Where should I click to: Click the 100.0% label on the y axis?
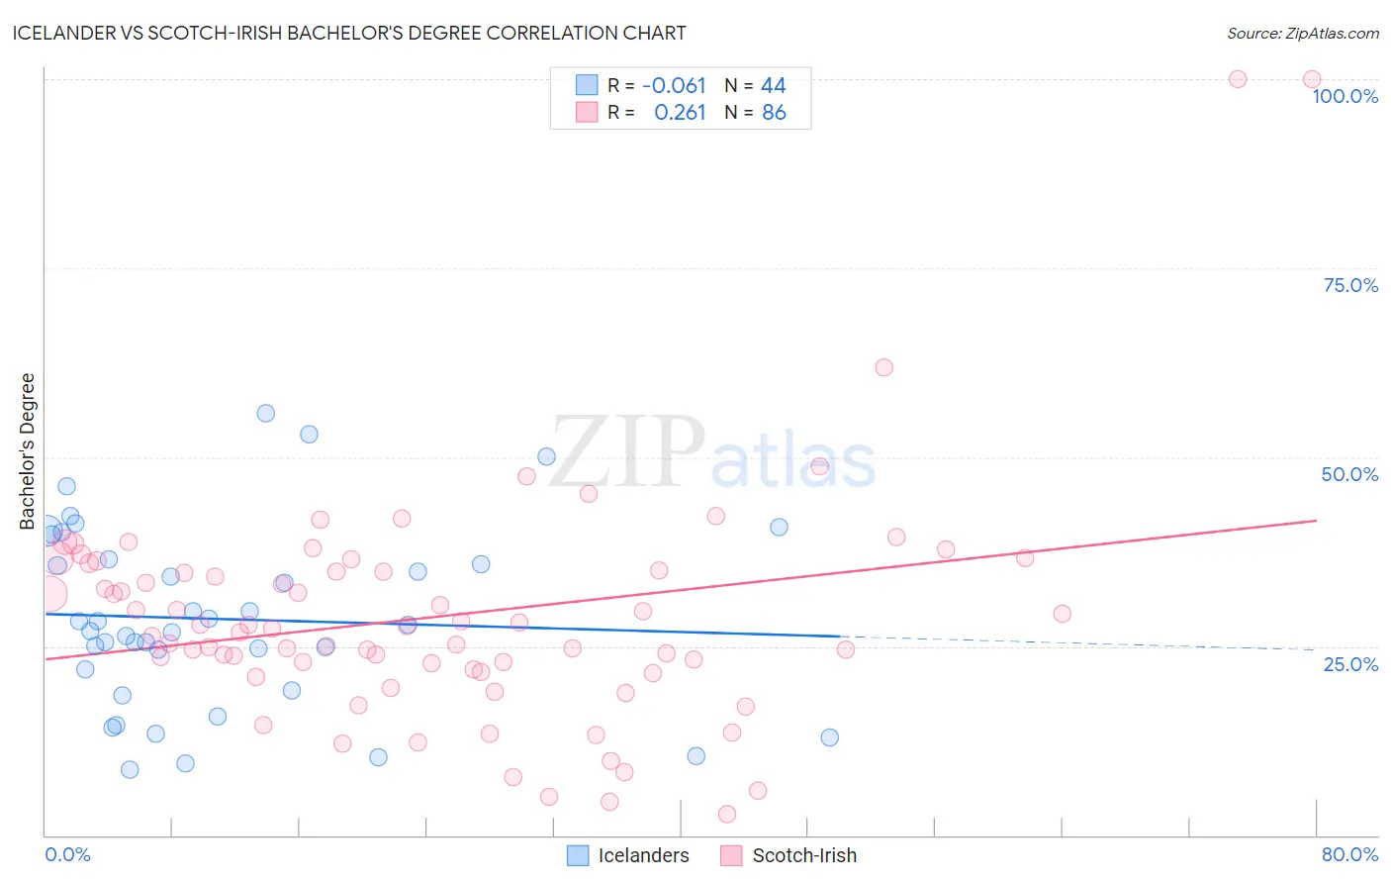[1345, 96]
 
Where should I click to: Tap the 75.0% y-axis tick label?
[1350, 285]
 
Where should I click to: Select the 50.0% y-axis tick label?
[1349, 474]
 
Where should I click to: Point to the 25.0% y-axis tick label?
[1350, 664]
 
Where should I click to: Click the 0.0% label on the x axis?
[67, 854]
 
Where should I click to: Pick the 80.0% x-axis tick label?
[1349, 854]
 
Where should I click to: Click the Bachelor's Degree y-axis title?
[28, 450]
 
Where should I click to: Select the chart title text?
[349, 34]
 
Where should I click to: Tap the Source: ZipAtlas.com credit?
[1302, 34]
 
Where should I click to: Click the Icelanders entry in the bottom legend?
[643, 855]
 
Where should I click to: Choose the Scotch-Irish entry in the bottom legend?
[803, 855]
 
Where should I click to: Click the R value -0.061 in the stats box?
[674, 86]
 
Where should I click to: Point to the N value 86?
[774, 113]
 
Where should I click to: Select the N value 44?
[774, 86]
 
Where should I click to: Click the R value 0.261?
[680, 113]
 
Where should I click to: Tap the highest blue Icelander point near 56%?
[266, 414]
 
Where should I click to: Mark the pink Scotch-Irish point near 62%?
[884, 367]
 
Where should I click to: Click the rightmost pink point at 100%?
[1312, 79]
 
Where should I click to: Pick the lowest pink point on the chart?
[727, 814]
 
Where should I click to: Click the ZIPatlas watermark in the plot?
[712, 453]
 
